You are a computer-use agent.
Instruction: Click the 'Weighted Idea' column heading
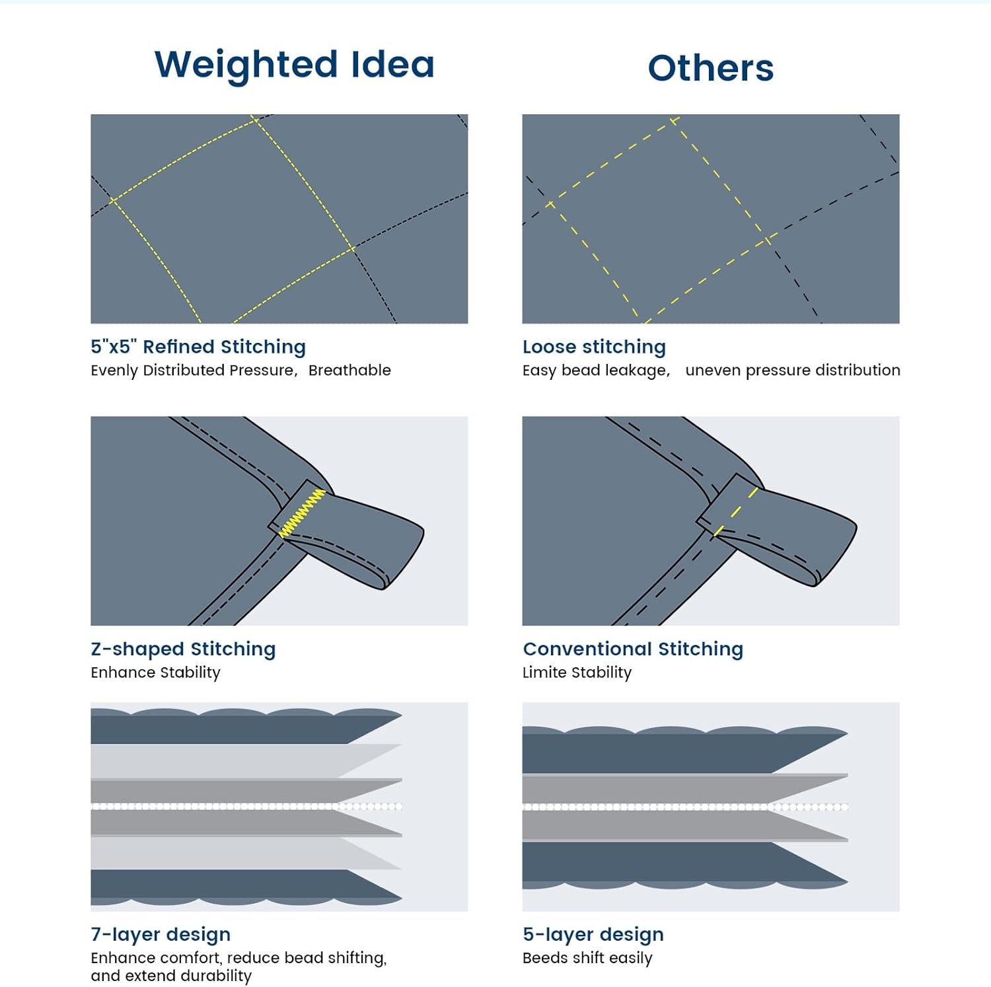[295, 65]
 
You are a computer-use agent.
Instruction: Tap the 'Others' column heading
[710, 68]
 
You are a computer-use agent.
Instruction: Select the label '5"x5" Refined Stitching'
[198, 347]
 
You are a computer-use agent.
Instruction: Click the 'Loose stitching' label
[594, 347]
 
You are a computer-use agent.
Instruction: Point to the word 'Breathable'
[349, 370]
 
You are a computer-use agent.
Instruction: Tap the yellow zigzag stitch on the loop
[302, 513]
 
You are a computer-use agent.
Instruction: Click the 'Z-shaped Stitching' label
[183, 649]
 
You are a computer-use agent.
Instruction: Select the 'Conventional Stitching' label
[633, 649]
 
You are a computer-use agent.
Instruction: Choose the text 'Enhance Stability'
[155, 673]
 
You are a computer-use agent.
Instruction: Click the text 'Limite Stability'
[577, 673]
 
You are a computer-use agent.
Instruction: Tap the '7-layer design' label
[161, 934]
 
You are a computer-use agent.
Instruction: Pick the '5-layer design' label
[593, 934]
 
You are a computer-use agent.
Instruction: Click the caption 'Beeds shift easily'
[587, 958]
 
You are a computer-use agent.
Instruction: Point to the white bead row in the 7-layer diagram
[246, 807]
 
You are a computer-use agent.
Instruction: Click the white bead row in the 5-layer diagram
[685, 807]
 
